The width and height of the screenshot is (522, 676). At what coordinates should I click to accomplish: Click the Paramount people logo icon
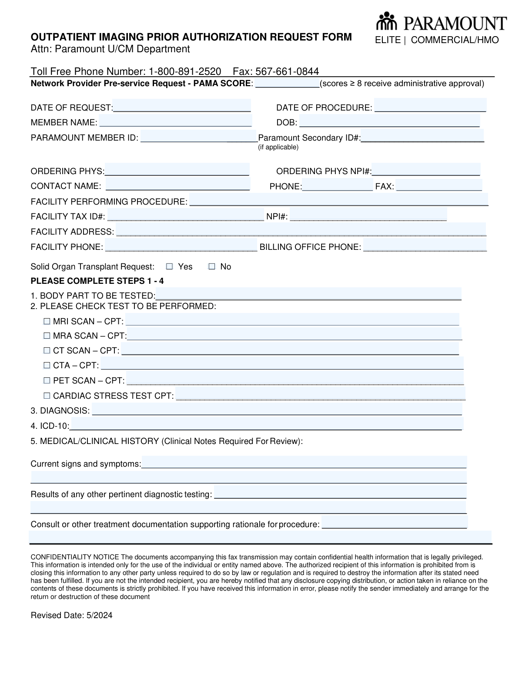click(385, 21)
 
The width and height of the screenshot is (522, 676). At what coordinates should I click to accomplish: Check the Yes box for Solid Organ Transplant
click(170, 266)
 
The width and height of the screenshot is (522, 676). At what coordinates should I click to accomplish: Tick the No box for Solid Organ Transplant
click(212, 266)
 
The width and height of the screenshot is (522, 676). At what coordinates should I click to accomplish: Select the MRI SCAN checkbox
click(47, 321)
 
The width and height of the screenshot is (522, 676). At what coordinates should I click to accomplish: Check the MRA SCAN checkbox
click(47, 336)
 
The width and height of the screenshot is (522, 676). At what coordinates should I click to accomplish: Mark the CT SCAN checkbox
click(47, 350)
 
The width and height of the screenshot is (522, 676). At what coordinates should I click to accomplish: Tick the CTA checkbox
click(47, 365)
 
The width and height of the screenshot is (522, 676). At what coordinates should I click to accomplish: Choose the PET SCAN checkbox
click(47, 380)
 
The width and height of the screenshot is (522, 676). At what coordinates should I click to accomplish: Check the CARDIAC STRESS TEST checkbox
click(47, 396)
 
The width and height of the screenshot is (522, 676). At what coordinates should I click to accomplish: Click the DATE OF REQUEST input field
click(182, 106)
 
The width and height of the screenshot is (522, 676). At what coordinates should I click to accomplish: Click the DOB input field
click(389, 121)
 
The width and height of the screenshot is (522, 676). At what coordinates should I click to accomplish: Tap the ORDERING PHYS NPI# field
click(426, 170)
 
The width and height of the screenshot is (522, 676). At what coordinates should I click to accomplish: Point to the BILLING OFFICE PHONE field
click(425, 246)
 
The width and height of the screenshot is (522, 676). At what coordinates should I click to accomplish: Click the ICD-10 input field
click(266, 424)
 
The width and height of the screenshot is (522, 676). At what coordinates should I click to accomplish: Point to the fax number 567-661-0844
click(287, 71)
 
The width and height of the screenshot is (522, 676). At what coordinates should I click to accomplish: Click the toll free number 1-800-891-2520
click(185, 71)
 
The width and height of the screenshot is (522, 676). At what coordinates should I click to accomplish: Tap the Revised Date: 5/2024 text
click(71, 615)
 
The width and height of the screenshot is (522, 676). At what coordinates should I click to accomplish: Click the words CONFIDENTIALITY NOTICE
click(75, 557)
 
